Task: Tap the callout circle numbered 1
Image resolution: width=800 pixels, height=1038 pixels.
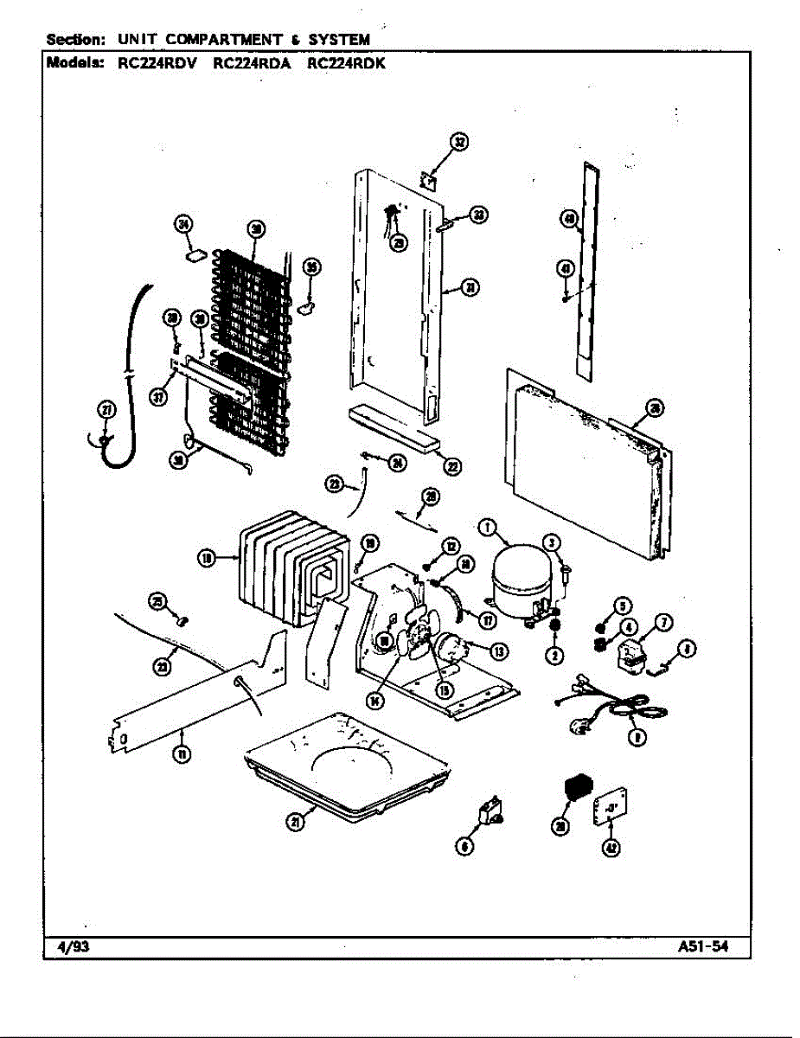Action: tap(488, 527)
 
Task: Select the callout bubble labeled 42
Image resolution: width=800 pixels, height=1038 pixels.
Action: tap(611, 849)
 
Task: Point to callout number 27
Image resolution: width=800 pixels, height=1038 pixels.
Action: tap(106, 411)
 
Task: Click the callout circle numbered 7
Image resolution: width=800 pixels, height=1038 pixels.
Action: tap(663, 621)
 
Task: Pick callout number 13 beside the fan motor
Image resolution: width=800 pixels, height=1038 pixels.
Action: tap(500, 650)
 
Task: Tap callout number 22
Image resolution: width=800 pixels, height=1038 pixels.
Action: tap(452, 466)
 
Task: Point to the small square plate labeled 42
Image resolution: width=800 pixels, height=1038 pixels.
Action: tap(611, 808)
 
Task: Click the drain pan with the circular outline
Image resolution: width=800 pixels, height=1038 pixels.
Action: tap(350, 761)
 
